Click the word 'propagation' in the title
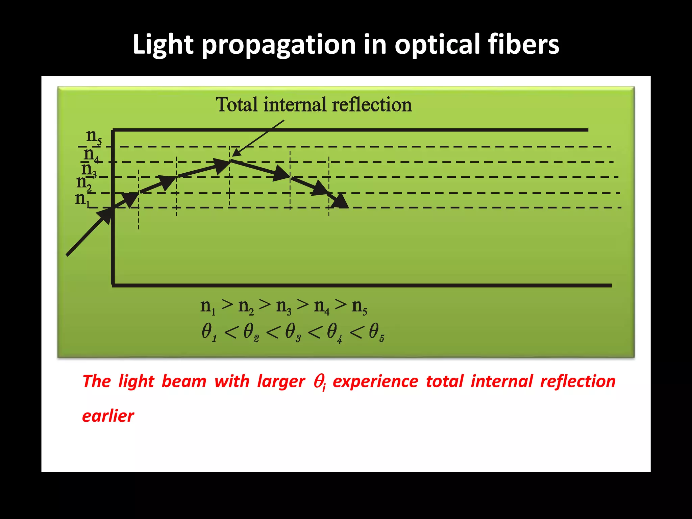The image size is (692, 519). tap(279, 45)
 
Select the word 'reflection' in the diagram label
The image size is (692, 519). tap(372, 104)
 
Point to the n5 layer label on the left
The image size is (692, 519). tap(94, 137)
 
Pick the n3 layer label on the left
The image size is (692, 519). tap(89, 169)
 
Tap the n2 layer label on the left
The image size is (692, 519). tap(84, 183)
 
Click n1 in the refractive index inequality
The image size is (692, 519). tap(208, 306)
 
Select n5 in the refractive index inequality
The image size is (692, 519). tap(359, 306)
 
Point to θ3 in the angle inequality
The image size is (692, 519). tap(293, 332)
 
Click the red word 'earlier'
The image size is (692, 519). tap(108, 416)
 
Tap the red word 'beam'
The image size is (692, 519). tap(184, 381)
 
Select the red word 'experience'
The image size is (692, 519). tap(375, 381)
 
